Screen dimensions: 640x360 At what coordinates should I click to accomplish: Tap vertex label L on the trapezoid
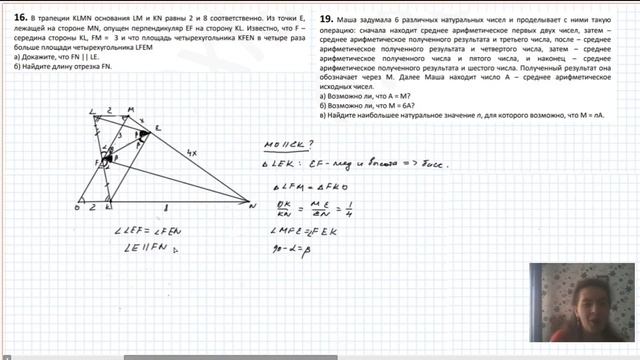(93, 110)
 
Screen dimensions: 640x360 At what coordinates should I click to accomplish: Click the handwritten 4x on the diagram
(194, 152)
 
